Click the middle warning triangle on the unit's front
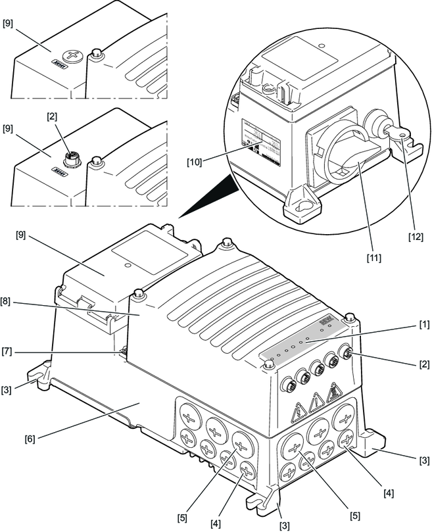click(318, 399)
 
